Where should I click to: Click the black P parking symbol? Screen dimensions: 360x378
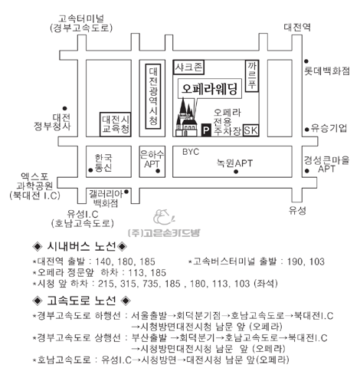[206, 130]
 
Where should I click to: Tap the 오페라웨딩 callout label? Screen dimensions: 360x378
[209, 88]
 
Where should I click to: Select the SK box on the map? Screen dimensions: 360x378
[251, 130]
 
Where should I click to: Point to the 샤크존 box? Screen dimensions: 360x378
[188, 67]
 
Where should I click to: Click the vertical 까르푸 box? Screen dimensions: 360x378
[252, 76]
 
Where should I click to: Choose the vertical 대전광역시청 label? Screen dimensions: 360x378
[153, 96]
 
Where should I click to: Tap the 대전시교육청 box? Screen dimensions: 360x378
[116, 124]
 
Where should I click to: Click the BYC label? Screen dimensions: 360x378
[191, 152]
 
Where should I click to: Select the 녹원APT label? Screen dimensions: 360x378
[234, 163]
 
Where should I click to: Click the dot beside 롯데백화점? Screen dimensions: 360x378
[306, 61]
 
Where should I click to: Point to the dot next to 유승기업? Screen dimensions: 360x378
[307, 130]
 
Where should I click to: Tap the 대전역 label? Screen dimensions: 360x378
[297, 27]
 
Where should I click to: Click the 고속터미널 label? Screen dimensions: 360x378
[81, 18]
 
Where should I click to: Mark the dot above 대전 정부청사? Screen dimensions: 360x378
[64, 108]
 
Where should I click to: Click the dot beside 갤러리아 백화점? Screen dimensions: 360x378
[126, 192]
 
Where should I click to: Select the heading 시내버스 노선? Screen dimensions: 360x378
[81, 246]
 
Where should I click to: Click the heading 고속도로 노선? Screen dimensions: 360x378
[81, 301]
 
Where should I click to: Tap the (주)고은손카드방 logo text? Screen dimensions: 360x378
[164, 233]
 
